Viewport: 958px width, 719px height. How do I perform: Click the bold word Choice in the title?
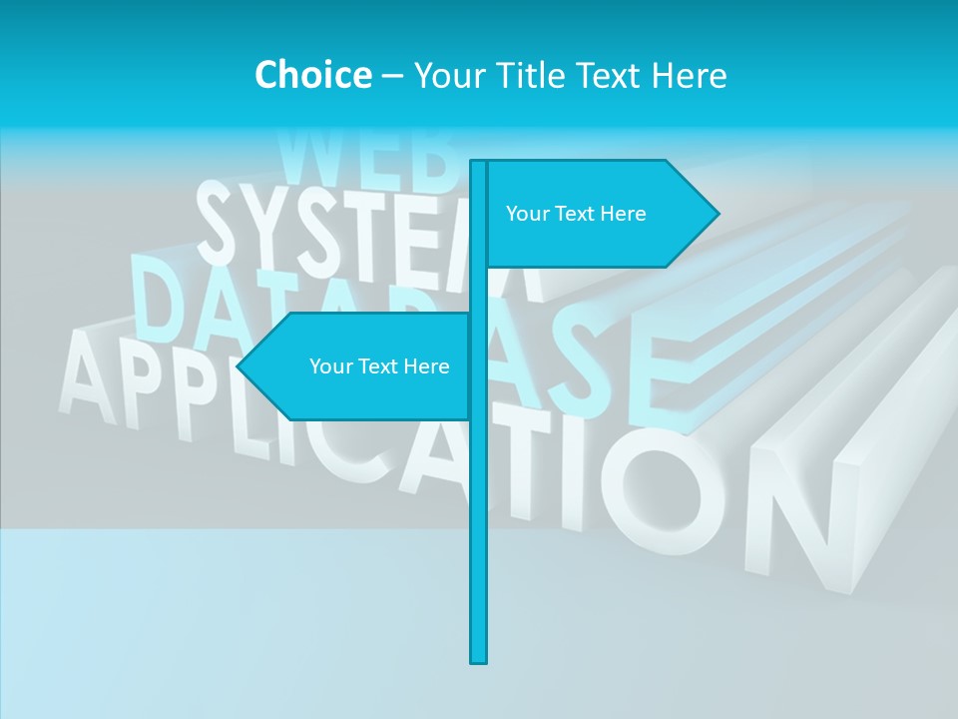coord(312,75)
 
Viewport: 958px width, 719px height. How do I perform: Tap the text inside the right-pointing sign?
coord(576,214)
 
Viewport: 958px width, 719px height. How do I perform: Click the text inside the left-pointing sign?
coord(379,366)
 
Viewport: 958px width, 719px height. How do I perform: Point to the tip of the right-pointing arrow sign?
coord(717,213)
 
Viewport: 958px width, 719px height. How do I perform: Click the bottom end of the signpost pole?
coord(479,659)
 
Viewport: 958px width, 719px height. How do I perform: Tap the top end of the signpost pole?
coord(479,163)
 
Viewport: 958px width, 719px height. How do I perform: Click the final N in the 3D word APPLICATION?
coord(798,519)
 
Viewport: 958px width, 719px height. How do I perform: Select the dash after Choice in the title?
coord(392,76)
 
